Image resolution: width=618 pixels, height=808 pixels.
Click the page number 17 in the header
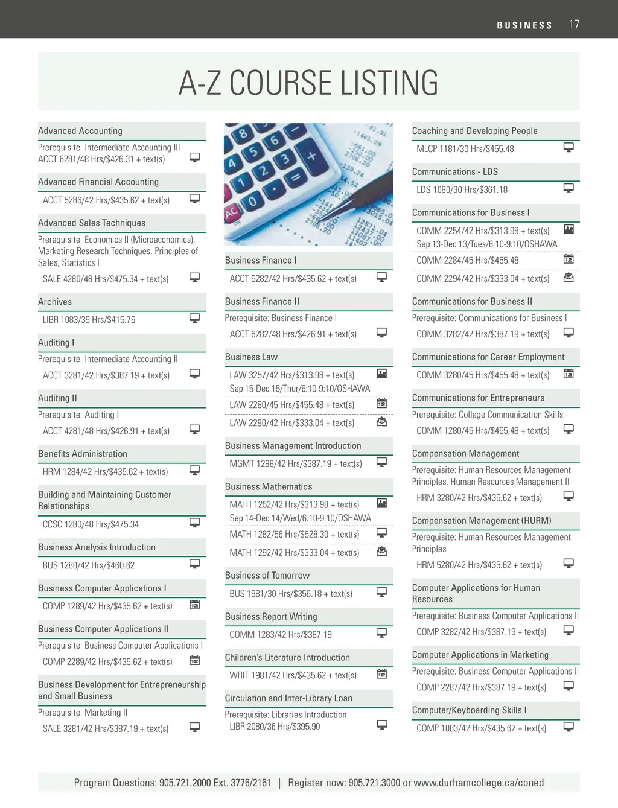click(x=574, y=24)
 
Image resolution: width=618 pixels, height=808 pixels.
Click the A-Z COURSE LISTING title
click(x=308, y=83)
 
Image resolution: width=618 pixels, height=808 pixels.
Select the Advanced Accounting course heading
click(x=80, y=131)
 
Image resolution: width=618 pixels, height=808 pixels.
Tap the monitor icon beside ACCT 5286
click(x=195, y=199)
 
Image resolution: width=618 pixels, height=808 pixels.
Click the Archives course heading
click(x=55, y=302)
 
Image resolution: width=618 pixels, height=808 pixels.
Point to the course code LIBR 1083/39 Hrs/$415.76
click(x=89, y=320)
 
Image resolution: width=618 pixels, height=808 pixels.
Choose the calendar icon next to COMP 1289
click(x=195, y=605)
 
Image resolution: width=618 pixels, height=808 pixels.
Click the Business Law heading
click(x=251, y=357)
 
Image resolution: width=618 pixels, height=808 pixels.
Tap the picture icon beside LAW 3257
click(x=381, y=374)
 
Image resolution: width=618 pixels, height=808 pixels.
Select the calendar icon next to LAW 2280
click(x=381, y=404)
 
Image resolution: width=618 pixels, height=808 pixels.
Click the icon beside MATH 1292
click(x=381, y=552)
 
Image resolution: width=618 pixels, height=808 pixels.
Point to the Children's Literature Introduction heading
click(x=287, y=658)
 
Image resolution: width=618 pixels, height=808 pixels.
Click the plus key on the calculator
click(x=312, y=156)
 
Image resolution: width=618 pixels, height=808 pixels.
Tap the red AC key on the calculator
click(x=231, y=214)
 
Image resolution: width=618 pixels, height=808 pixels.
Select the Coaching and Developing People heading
click(x=474, y=131)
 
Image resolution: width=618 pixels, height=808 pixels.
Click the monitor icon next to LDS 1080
click(x=569, y=188)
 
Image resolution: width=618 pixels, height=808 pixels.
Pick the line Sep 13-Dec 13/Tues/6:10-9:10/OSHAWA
click(x=486, y=244)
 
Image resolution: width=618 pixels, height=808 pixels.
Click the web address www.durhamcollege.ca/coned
click(x=479, y=783)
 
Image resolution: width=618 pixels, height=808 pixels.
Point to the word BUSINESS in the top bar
click(x=524, y=25)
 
